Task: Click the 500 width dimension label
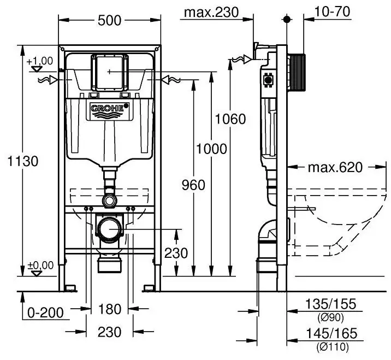109,20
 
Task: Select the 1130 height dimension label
23,161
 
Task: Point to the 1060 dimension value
230,119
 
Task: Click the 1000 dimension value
211,149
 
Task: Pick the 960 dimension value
193,185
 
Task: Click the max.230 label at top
211,12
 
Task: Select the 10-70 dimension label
332,11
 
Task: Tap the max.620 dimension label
335,167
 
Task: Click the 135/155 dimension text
330,304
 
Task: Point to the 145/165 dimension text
331,334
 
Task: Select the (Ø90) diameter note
330,318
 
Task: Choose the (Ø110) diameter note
333,347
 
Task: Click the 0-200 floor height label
45,313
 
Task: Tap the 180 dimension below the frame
110,309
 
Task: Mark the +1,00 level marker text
40,61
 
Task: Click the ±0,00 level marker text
40,265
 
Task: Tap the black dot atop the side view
287,19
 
